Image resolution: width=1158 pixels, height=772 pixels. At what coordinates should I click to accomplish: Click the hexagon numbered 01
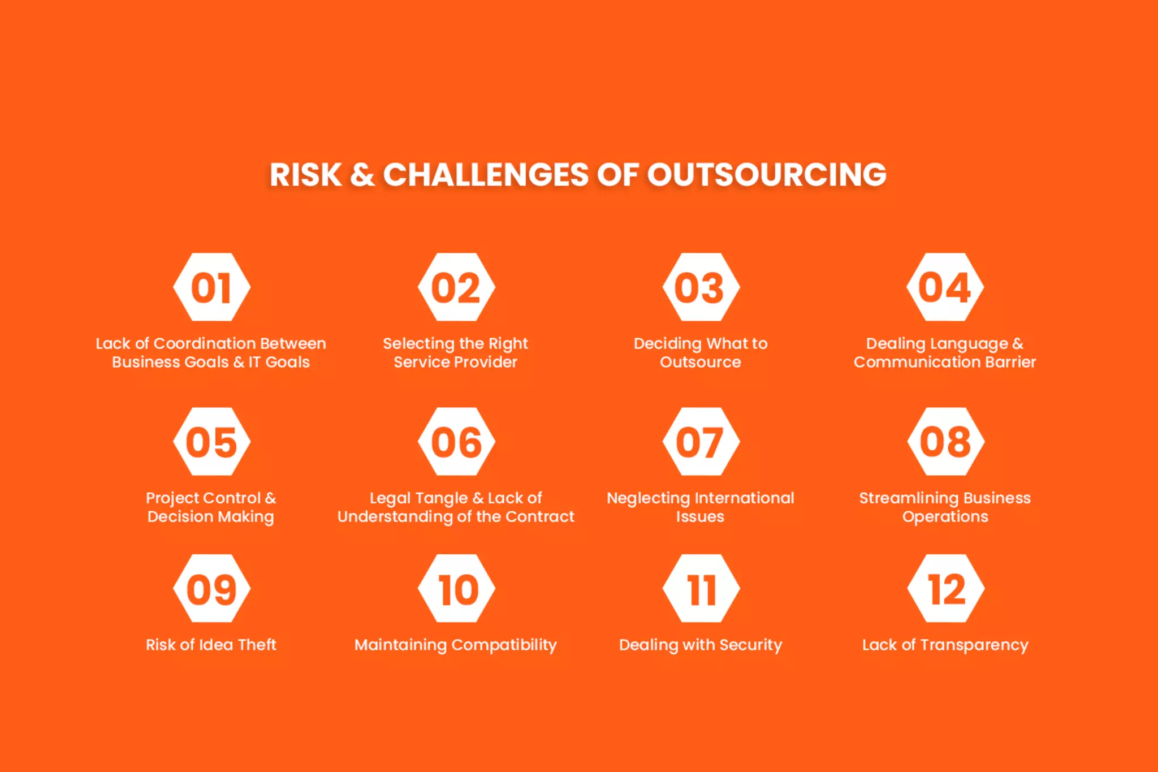[x=211, y=287]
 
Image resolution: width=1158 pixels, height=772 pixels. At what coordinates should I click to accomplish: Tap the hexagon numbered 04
[x=945, y=287]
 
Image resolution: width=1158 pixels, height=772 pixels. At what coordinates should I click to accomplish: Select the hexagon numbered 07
[x=701, y=442]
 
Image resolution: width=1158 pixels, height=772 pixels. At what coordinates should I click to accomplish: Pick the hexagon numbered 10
[x=456, y=589]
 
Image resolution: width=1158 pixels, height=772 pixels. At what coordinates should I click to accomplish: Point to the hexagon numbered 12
[x=945, y=589]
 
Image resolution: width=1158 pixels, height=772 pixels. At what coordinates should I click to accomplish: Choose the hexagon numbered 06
[x=456, y=442]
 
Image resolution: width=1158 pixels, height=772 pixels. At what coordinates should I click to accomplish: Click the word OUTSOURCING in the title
[x=766, y=174]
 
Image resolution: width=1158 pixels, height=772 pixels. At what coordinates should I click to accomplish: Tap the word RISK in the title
[x=305, y=174]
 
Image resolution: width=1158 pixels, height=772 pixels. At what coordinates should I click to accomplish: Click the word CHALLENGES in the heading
[x=486, y=174]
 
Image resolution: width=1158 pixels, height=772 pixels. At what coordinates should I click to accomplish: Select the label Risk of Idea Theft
[x=211, y=645]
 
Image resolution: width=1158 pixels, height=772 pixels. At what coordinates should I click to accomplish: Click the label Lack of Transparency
[x=945, y=645]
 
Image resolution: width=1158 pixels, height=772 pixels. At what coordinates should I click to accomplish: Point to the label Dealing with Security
[x=700, y=645]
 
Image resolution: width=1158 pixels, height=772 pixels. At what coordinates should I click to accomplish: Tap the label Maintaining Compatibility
[x=456, y=645]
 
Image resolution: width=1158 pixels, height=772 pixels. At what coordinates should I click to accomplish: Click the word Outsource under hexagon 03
[x=700, y=362]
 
